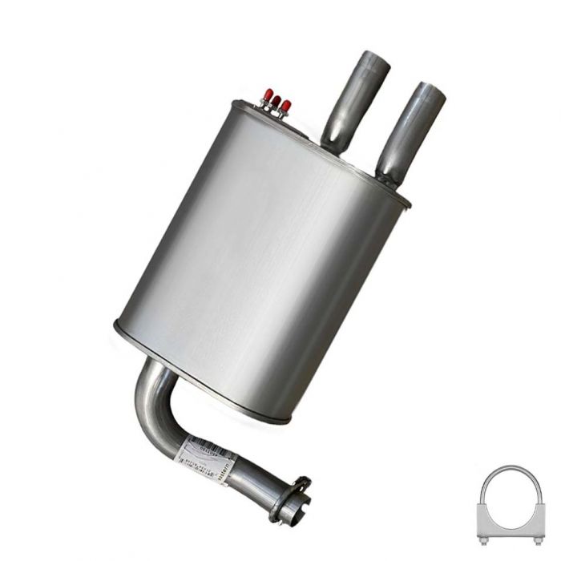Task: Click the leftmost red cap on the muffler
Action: pos(268,95)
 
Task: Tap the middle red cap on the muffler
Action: pos(276,100)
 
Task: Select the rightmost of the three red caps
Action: pos(285,105)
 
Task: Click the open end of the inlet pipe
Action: pos(287,511)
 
